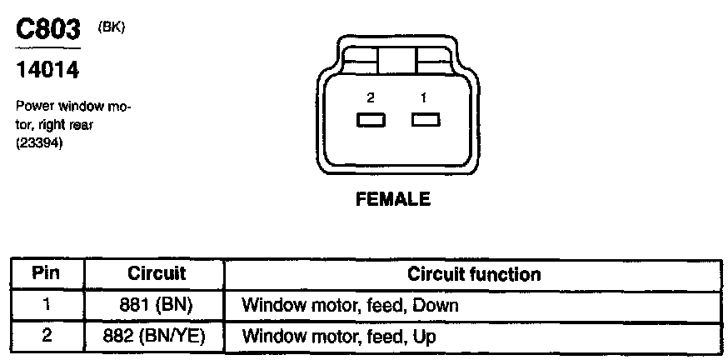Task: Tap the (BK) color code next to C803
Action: [111, 27]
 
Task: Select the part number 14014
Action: [47, 72]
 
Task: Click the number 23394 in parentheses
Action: [39, 142]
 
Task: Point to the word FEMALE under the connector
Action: [393, 199]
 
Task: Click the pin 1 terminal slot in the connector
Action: [425, 121]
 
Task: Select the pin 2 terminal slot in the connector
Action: [371, 121]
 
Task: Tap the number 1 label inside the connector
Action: [423, 98]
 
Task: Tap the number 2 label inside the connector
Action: [371, 98]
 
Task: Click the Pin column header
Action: [47, 273]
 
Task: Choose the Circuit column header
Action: [156, 273]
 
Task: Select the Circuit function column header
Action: [473, 273]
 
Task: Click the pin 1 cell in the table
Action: [47, 305]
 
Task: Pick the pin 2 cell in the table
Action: [47, 337]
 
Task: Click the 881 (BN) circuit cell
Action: [156, 305]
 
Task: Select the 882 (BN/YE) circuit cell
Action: [156, 337]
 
